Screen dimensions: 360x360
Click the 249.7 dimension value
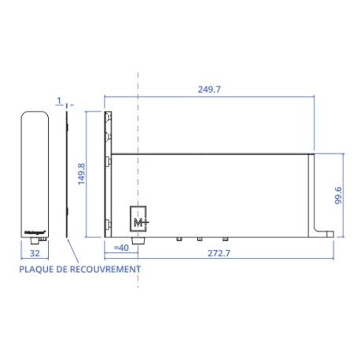pos(208,90)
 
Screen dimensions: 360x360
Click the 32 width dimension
pos(34,255)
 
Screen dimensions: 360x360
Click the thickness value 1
pos(60,101)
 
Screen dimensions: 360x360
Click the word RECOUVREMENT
pos(107,269)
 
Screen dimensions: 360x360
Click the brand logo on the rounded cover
pos(34,232)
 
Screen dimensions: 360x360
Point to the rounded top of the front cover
pos(34,115)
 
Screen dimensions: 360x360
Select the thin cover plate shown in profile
pos(68,173)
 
